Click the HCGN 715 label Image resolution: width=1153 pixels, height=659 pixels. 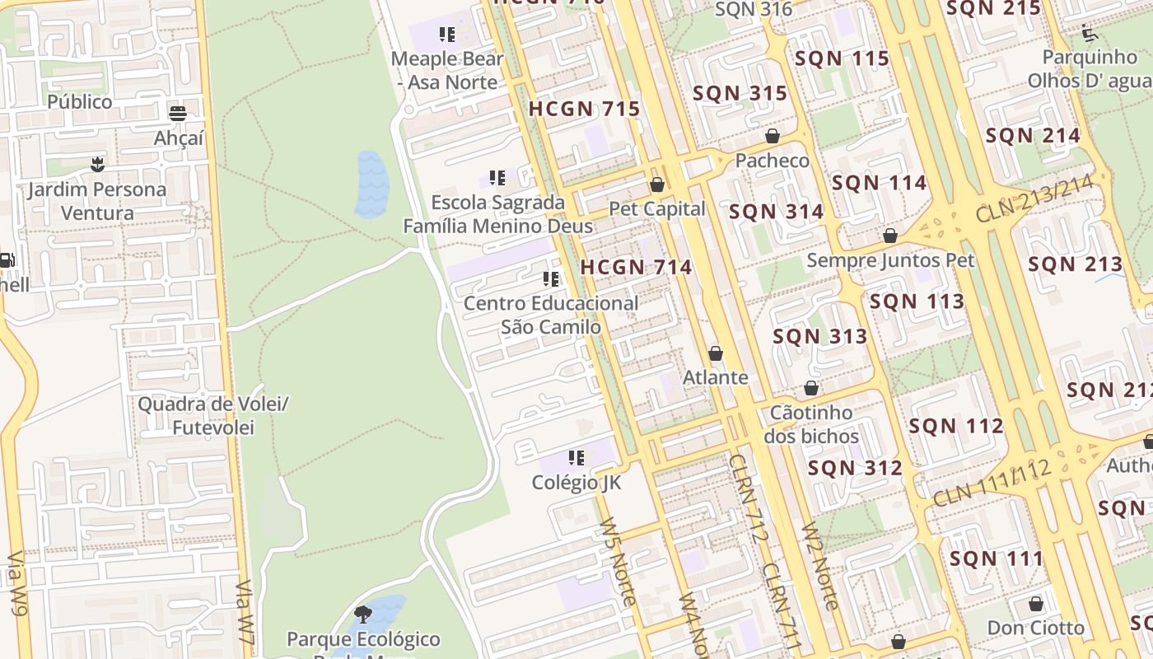pos(584,109)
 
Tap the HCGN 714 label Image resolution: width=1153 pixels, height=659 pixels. pos(636,267)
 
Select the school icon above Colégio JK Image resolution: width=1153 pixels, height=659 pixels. pos(576,457)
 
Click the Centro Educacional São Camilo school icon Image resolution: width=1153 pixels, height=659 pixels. pos(551,279)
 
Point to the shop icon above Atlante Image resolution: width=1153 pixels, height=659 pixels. pos(715,353)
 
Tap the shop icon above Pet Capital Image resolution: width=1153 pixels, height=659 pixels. pos(656,185)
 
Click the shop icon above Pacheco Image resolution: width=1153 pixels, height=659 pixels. pos(772,136)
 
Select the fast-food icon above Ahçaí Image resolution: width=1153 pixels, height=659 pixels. pos(178,113)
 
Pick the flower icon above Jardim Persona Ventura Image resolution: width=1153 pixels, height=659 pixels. pos(97,164)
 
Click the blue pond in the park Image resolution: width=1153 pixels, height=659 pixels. pos(371,185)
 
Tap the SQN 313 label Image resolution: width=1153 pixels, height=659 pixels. pos(819,336)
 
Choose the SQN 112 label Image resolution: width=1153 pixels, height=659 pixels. pos(956,426)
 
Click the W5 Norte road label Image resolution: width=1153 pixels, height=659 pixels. pos(618,561)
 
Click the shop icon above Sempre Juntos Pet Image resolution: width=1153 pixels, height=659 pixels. pos(889,236)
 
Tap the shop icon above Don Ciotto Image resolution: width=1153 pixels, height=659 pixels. pos(1035,604)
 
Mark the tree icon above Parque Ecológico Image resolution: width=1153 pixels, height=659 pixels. pos(362,614)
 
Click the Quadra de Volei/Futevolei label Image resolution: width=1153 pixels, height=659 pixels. pos(213,416)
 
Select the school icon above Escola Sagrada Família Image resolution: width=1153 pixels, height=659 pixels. pos(497,178)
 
